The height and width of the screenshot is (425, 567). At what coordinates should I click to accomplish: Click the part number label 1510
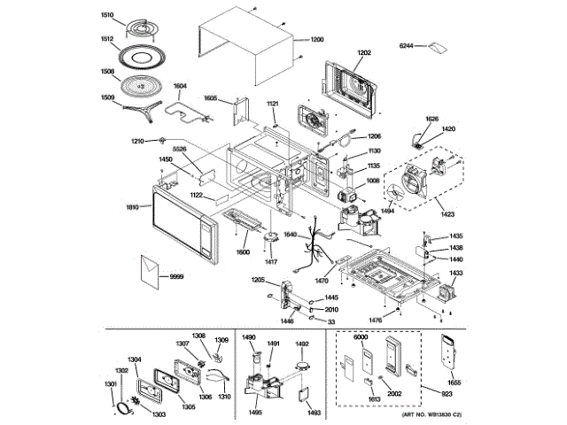tap(107, 16)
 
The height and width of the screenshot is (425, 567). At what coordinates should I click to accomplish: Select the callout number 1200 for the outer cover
tap(317, 41)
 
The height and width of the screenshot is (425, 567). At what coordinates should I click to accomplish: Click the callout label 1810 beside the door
tap(132, 207)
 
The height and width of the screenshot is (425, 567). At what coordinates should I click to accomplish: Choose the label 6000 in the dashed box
tap(361, 339)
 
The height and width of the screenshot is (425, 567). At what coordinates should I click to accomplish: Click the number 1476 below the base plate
tap(376, 319)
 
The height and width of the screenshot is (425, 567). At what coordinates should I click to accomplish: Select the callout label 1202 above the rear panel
tap(364, 53)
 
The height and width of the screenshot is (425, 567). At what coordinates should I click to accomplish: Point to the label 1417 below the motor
tap(271, 262)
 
